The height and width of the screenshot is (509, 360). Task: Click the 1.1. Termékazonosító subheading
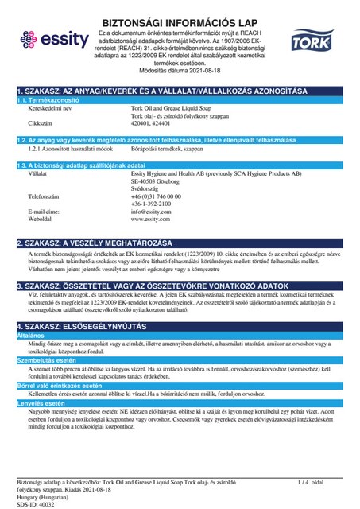[48, 100]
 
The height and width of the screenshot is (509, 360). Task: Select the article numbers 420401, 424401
[150, 124]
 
